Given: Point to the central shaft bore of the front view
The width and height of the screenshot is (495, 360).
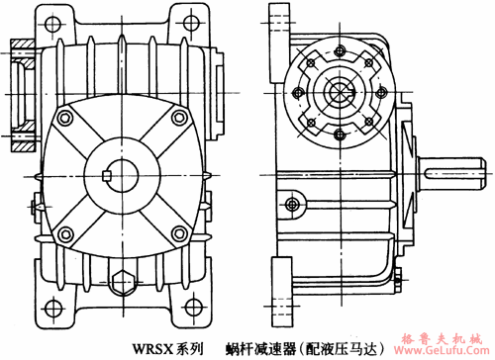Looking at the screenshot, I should (122, 176).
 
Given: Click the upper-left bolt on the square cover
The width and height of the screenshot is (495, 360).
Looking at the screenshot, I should (65, 118).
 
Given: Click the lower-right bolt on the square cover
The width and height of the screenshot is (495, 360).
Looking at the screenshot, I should (178, 234).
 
